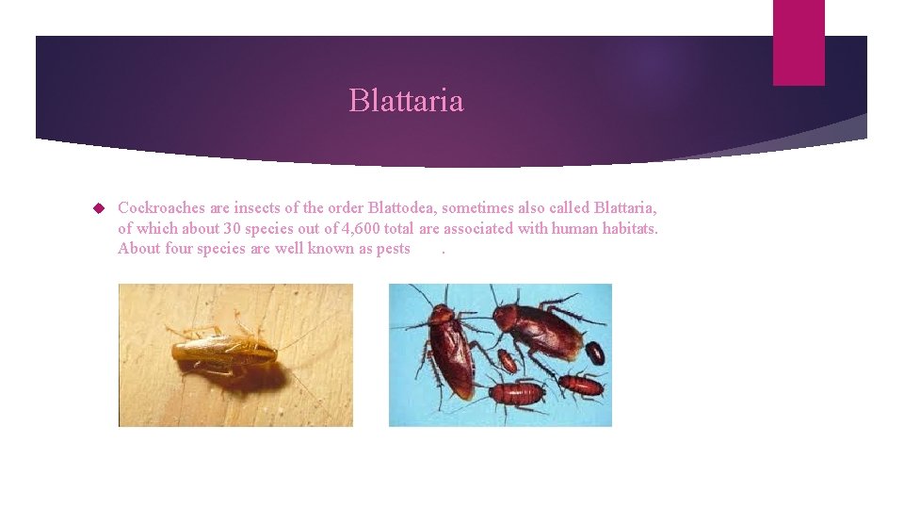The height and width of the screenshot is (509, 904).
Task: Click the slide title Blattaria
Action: pos(406,100)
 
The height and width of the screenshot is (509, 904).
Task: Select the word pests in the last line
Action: pos(391,249)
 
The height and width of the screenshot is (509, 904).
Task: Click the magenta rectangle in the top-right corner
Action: pos(799,41)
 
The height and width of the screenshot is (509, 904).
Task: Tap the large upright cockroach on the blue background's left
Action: pos(451,341)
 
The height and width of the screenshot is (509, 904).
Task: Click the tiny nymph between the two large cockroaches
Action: pos(507,360)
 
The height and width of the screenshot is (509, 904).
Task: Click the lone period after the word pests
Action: pos(443,251)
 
